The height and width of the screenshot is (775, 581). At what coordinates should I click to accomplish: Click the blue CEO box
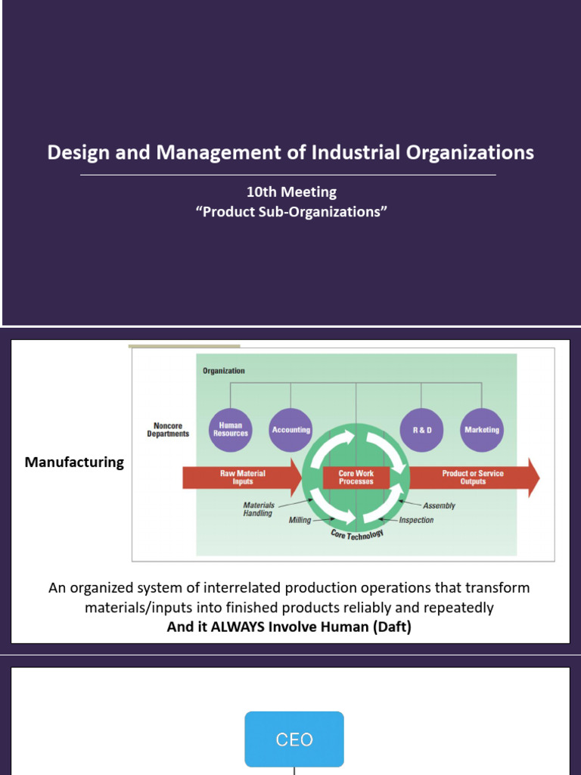tap(294, 739)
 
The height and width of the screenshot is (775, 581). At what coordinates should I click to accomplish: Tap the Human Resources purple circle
tap(231, 430)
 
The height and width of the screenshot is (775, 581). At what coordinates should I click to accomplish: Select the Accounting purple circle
tap(291, 430)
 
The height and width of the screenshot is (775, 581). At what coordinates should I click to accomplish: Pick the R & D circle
tap(421, 430)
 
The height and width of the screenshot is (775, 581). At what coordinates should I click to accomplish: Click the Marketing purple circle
tap(482, 430)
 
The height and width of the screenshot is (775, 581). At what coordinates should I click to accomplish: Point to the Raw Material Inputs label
tap(243, 478)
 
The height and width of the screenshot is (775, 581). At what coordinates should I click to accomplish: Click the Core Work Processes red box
tap(356, 478)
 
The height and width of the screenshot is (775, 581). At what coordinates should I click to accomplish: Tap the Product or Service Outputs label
tap(473, 478)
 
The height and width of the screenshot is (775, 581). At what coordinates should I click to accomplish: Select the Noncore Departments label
tap(167, 430)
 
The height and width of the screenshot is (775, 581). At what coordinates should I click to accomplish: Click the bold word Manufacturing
tap(74, 462)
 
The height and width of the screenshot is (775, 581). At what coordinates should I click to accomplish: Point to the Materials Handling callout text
tap(259, 509)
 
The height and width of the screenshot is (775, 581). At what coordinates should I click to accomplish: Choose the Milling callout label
tap(300, 521)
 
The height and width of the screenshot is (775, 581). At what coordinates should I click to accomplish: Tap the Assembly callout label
tap(439, 506)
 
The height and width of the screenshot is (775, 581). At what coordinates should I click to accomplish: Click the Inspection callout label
tap(417, 521)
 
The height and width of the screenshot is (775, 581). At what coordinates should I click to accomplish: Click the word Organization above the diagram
tap(223, 371)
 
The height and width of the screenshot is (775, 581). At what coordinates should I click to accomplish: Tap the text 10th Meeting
tap(290, 192)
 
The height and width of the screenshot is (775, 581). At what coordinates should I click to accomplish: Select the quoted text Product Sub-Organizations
tap(291, 212)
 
